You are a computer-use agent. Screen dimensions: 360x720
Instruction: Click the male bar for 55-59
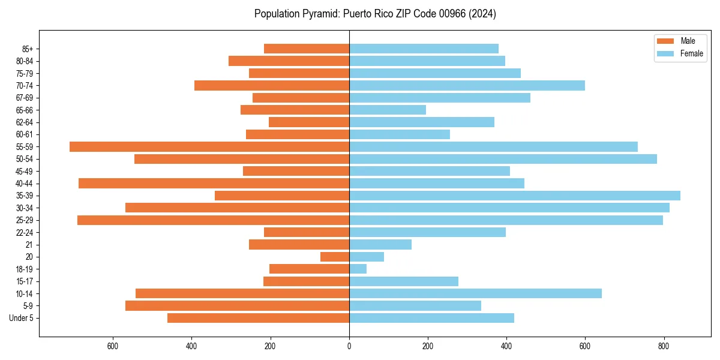[209, 146]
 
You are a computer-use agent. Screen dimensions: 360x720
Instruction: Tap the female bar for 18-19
[358, 269]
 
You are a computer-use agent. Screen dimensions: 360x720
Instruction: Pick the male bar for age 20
[335, 257]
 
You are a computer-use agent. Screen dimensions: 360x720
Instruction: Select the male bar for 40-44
[214, 183]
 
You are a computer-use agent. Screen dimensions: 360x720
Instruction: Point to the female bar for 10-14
[475, 293]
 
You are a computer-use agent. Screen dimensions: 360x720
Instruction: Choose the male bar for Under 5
[259, 318]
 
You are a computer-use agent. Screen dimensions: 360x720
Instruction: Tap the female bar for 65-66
[388, 110]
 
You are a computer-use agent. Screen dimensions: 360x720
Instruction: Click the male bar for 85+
[307, 49]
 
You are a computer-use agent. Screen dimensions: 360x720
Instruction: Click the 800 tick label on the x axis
[664, 346]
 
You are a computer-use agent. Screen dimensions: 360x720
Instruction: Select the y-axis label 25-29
[25, 220]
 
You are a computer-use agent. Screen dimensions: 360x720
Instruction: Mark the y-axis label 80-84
[25, 61]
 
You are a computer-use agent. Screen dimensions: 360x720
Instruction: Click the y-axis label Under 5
[22, 318]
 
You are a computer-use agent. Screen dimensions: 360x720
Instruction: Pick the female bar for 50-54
[503, 159]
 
